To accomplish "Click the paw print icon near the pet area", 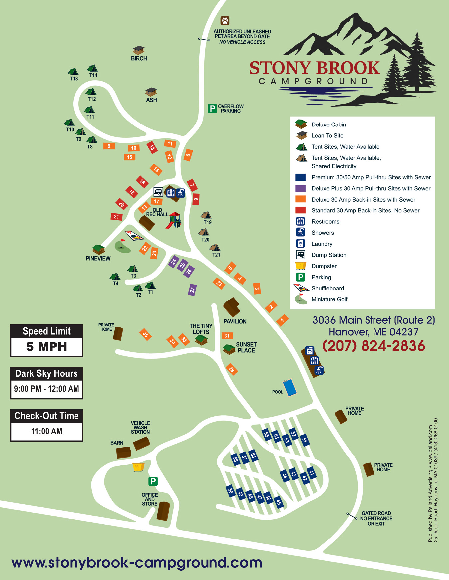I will point(225,21).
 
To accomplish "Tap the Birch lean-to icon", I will point(138,50).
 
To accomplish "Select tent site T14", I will point(92,69).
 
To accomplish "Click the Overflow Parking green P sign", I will point(212,108).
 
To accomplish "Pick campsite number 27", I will point(192,290).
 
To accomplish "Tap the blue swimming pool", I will point(290,387).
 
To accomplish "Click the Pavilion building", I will point(232,307).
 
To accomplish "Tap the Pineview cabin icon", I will point(98,249).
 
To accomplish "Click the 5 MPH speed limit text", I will point(47,347).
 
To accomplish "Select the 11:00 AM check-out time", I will point(47,431).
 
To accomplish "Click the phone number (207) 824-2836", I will point(374,346).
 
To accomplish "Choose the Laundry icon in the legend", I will point(300,244).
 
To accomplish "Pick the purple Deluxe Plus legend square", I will point(300,188).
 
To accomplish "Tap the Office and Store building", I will point(163,511).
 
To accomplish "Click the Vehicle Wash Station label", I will point(140,427).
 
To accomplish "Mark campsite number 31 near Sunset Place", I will point(227,336).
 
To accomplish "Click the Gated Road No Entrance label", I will point(376,518).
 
